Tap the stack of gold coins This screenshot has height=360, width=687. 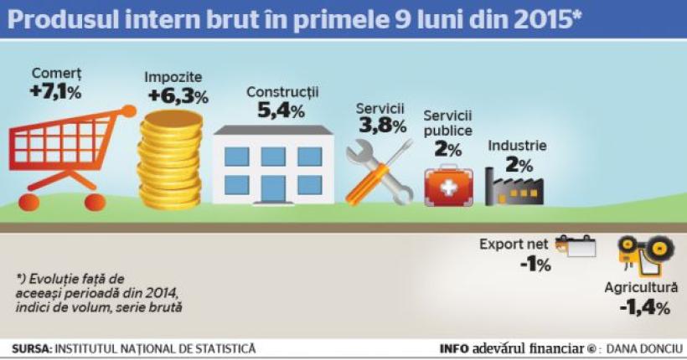point(170,159)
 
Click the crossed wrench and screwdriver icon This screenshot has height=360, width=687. point(380,172)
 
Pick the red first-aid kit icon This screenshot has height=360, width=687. point(448,185)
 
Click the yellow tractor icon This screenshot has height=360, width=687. point(645,250)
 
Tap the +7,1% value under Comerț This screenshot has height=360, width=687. point(56,91)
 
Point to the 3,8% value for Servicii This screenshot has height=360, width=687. point(382,126)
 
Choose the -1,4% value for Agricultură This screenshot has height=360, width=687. point(644,307)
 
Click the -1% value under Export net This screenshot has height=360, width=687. point(535,265)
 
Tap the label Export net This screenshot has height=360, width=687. point(514,244)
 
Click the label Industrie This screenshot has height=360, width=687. point(517,146)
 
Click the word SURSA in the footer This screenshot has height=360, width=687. point(31,348)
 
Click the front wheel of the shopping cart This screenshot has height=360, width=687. point(94,202)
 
